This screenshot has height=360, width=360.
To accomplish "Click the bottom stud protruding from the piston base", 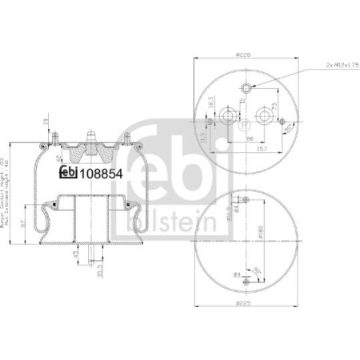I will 97,260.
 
